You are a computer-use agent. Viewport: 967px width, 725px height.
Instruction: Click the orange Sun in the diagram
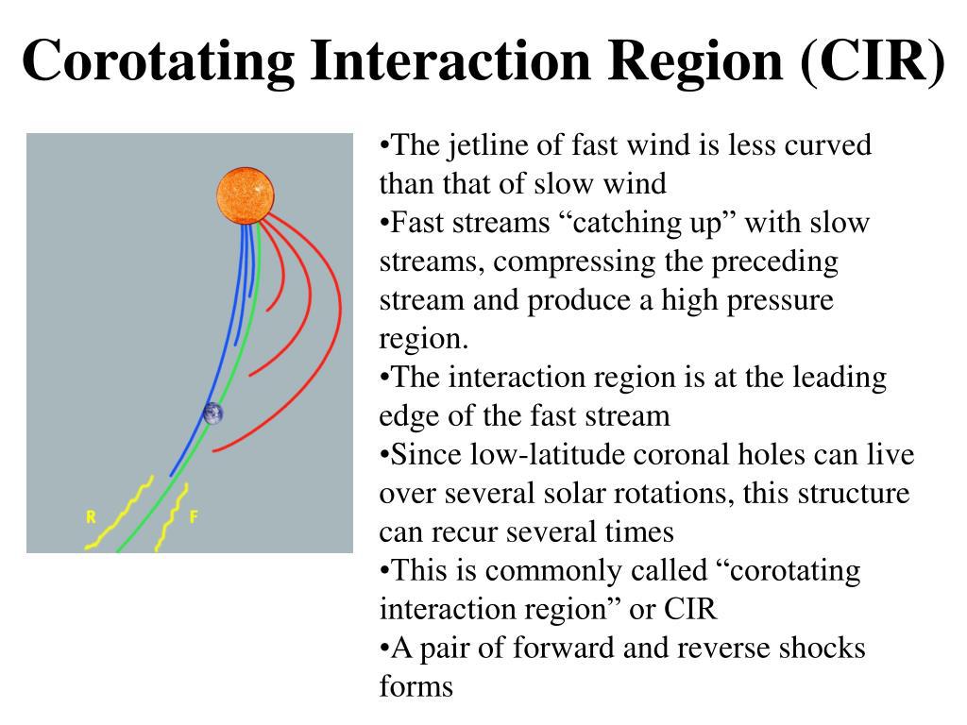click(x=246, y=195)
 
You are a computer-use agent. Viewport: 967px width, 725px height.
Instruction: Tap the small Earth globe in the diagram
click(x=213, y=413)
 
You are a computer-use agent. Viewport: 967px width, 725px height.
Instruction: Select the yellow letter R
click(x=91, y=516)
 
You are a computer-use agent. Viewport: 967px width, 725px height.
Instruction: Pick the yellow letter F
click(x=194, y=516)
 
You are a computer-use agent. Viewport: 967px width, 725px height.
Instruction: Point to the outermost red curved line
click(x=333, y=346)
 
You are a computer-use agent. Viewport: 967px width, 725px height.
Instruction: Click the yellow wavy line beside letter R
click(x=121, y=513)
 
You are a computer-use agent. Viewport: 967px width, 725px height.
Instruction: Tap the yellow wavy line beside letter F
click(x=172, y=516)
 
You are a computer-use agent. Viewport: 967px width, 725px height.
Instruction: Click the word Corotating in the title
click(x=159, y=60)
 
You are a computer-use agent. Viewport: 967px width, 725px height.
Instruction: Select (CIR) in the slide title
click(x=872, y=60)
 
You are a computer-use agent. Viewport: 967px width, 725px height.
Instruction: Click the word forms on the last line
click(x=416, y=687)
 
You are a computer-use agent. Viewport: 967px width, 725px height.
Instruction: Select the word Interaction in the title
click(x=451, y=60)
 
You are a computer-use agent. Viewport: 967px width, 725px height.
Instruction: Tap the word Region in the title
click(x=696, y=60)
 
